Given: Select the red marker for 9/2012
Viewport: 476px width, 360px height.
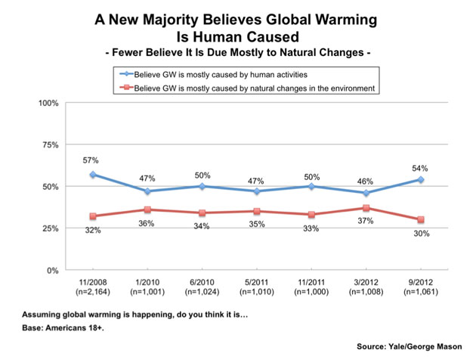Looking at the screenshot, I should point(420,219).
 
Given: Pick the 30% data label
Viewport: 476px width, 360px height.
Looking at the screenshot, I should point(420,234).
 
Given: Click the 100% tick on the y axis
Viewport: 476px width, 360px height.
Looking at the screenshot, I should point(49,102).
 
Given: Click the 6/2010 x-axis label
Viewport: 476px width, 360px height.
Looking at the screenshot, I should point(202,283).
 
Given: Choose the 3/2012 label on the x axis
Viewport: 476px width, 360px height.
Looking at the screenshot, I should point(366,283).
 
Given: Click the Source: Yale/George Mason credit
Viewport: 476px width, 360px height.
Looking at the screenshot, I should point(408,346).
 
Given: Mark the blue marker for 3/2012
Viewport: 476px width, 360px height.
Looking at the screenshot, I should point(366,193).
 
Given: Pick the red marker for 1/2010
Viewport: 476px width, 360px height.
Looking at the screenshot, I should point(147,209).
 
